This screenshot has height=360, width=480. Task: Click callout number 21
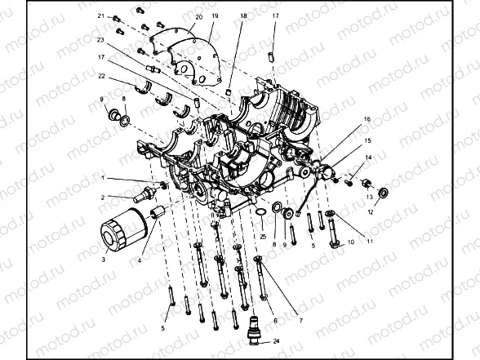(101, 16)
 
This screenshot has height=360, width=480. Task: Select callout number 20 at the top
(199, 16)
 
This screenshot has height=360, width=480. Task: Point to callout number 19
(215, 16)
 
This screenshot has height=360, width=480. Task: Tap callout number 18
(243, 16)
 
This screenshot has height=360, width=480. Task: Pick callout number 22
(101, 76)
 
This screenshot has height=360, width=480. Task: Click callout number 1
(104, 177)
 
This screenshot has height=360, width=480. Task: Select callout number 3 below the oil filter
(104, 260)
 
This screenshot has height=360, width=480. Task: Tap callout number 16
(367, 119)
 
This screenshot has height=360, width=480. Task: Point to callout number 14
(369, 157)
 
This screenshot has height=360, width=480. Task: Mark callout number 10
(350, 242)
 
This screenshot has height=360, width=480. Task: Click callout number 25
(264, 236)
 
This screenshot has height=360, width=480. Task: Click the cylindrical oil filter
(121, 230)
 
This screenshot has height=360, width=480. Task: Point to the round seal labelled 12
(384, 195)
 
